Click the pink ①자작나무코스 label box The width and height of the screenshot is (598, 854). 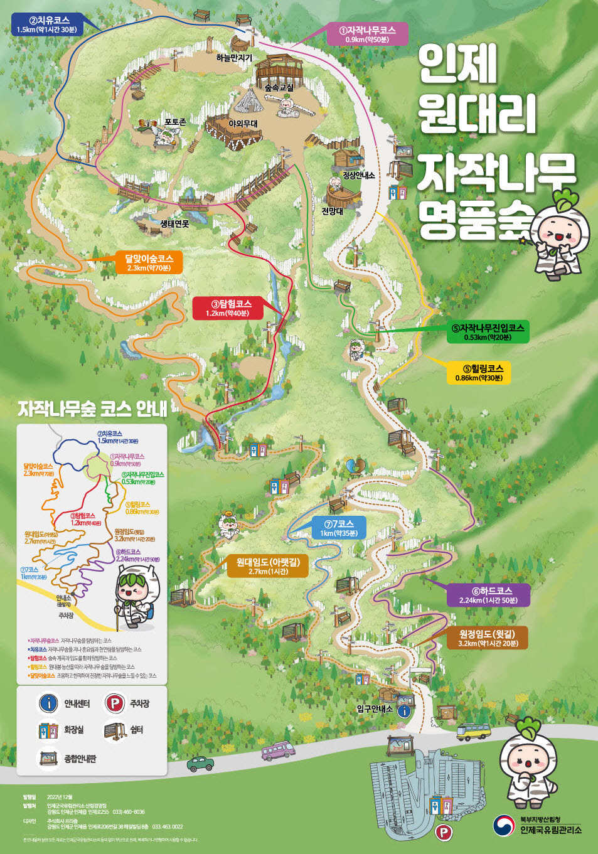367,35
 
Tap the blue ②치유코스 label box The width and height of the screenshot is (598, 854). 49,24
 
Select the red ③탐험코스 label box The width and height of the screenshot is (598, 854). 227,308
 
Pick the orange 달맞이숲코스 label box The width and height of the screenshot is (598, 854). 149,263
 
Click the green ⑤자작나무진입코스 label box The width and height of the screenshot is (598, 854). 488,332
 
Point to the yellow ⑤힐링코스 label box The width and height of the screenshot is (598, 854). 479,373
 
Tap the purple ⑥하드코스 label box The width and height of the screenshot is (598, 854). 488,595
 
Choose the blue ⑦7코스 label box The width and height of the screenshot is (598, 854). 339,528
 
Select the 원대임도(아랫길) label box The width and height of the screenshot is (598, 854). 268,566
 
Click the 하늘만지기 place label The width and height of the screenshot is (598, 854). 234,58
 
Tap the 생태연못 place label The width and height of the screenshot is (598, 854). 174,223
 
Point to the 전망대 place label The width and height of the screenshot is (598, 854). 333,211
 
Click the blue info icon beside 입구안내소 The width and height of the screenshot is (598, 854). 404,711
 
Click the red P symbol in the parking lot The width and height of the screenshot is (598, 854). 444,833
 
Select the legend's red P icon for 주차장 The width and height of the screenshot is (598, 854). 114,703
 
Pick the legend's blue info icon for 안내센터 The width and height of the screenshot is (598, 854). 48,703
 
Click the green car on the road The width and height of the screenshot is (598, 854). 200,764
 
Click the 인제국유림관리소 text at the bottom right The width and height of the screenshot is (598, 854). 550,830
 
